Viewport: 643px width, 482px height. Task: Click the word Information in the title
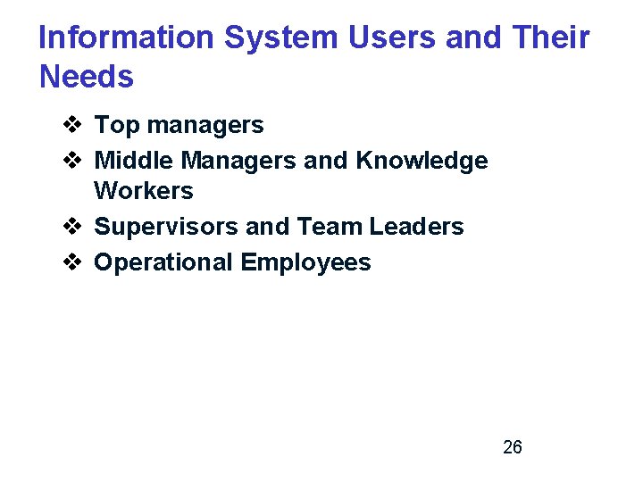click(127, 37)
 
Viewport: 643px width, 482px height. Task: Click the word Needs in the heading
click(87, 77)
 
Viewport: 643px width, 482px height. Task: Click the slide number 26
click(513, 447)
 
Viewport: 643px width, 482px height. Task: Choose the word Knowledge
click(422, 161)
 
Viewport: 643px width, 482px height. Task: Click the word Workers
click(144, 191)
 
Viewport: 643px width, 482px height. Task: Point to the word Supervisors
click(166, 227)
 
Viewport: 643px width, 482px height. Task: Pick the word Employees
click(305, 262)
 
